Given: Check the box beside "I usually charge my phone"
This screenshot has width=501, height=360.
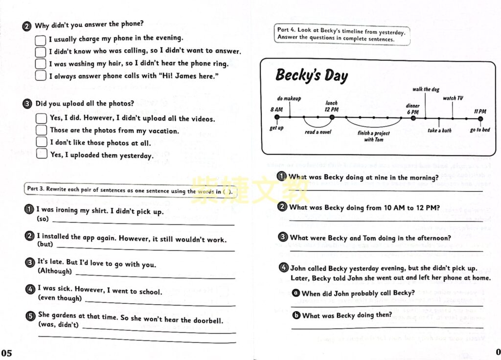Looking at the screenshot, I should click(41, 39).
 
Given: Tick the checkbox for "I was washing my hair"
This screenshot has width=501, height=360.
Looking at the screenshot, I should click(41, 64).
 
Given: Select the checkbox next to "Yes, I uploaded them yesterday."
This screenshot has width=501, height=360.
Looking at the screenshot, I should click(42, 155).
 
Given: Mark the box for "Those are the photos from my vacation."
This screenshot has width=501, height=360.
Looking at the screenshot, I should click(42, 130).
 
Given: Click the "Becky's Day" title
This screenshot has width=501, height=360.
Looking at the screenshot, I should click(312, 75).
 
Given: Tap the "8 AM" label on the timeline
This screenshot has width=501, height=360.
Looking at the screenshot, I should click(276, 110).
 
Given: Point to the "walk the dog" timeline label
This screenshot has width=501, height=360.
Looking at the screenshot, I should click(425, 90).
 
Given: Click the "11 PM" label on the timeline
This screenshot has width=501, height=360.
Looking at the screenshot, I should click(480, 112).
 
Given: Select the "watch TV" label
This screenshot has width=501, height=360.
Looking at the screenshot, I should click(453, 98).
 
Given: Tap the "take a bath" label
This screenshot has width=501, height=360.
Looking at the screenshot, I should click(439, 131).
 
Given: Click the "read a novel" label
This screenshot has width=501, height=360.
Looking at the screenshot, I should click(318, 132).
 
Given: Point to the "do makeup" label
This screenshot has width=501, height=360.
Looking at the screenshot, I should click(289, 98).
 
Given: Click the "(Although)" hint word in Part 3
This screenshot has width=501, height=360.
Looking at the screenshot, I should click(55, 271).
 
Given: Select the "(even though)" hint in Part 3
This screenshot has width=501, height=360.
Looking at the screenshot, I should click(60, 298).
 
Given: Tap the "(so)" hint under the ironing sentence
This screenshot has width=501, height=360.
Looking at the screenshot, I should click(44, 219).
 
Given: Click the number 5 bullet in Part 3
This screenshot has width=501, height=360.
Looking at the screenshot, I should click(30, 316).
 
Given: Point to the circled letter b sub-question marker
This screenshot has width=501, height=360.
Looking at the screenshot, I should click(296, 316).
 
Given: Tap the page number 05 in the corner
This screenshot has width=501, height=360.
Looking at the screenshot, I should click(6, 353).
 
